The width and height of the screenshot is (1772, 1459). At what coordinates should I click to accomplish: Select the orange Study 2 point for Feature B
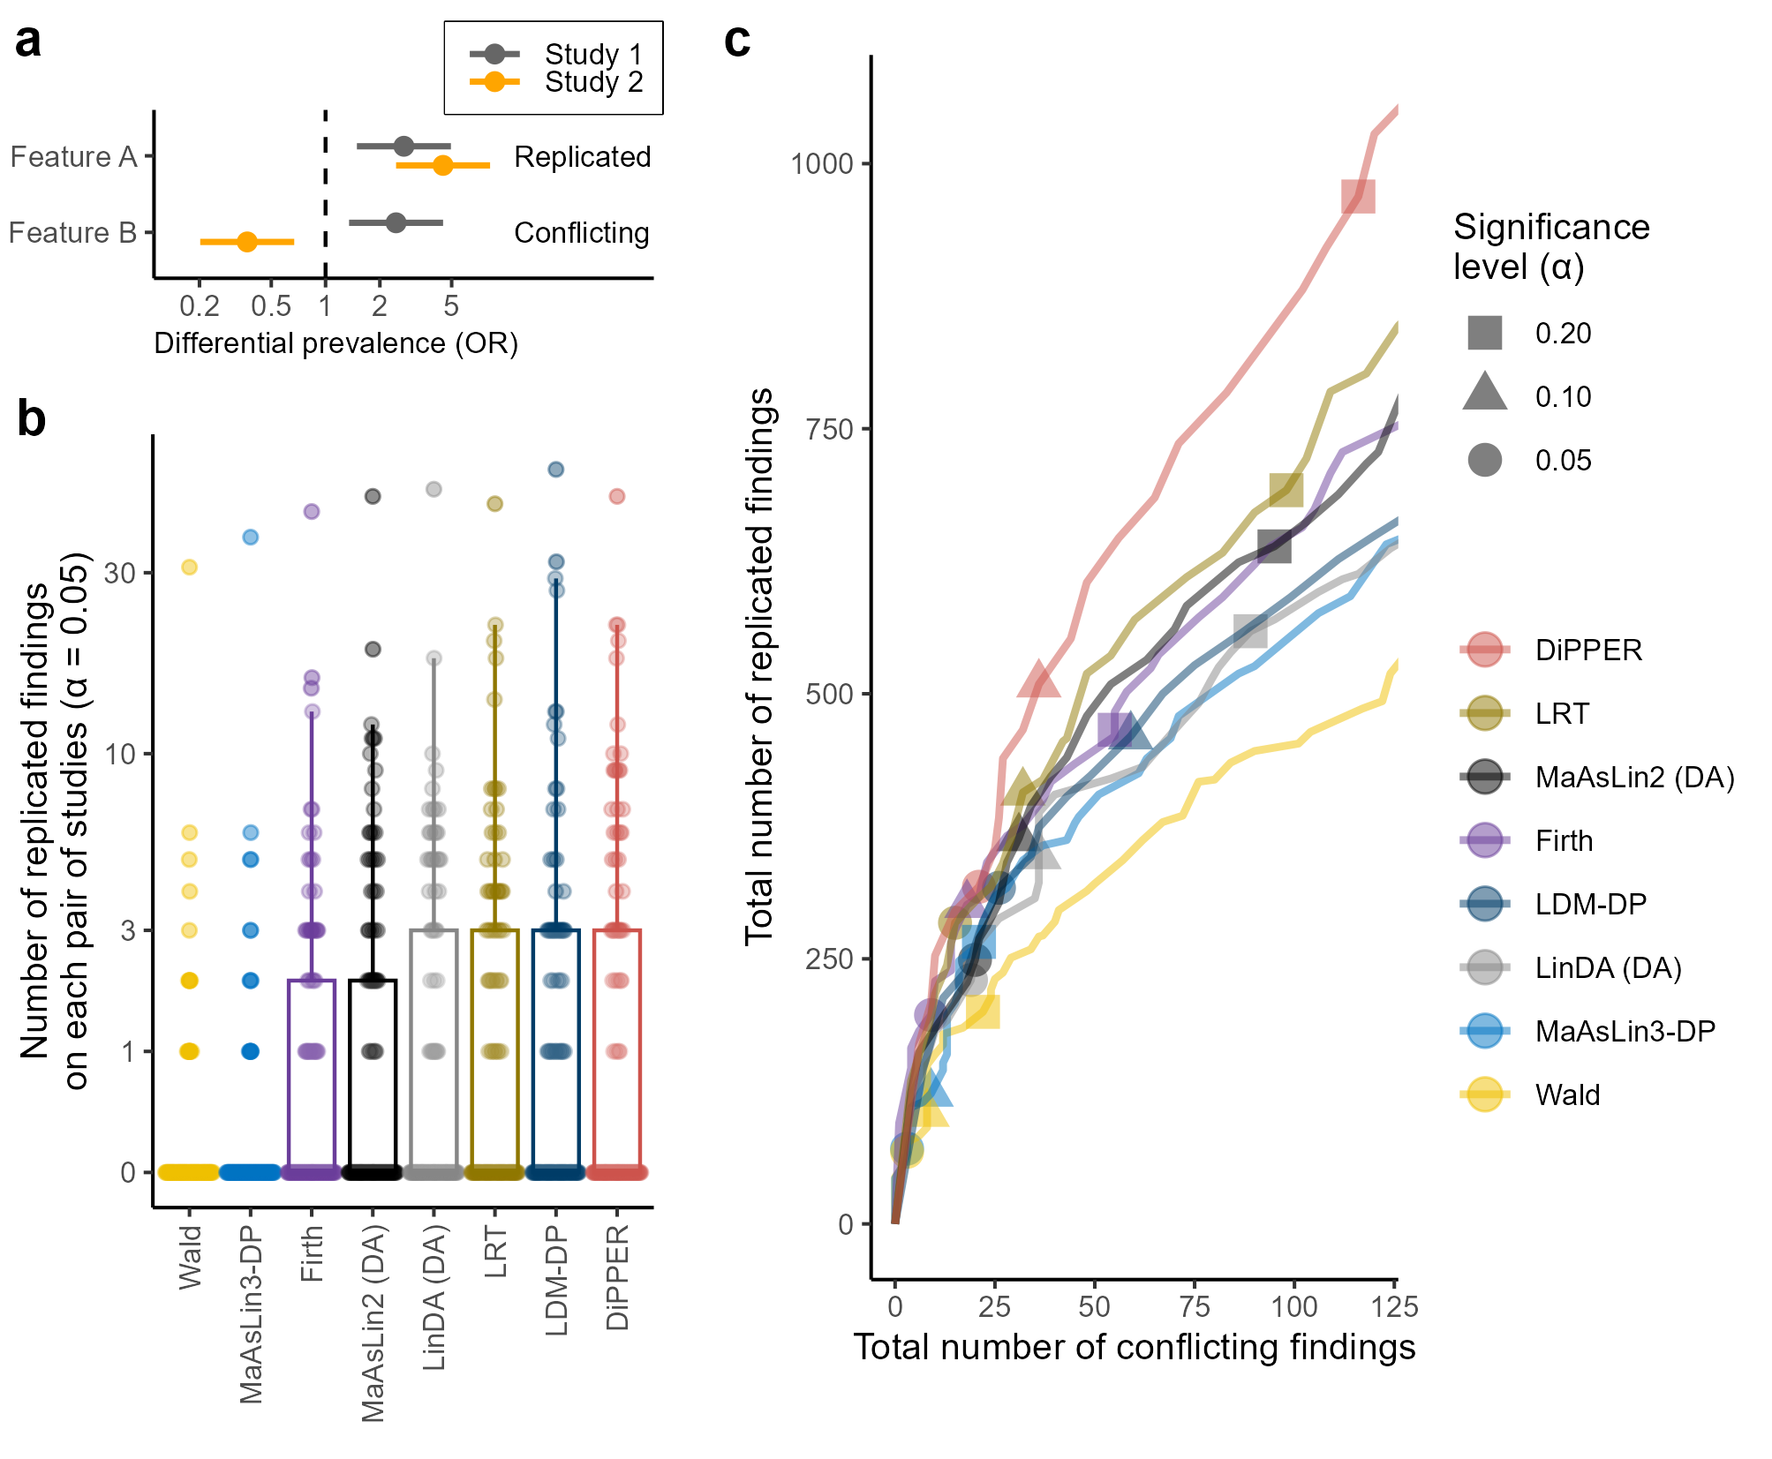tap(247, 241)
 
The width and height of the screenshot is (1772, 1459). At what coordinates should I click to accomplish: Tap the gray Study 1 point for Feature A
tap(403, 146)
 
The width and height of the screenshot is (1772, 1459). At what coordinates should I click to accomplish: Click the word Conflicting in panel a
tap(581, 233)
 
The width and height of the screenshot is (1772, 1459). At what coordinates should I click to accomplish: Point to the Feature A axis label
tap(73, 157)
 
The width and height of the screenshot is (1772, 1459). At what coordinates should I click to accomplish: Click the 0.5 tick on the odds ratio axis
tap(271, 306)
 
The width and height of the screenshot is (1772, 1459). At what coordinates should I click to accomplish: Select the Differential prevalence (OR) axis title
tap(336, 343)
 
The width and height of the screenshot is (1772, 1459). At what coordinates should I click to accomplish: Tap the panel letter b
tap(32, 419)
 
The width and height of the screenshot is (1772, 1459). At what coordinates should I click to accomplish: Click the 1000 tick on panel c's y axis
tap(822, 164)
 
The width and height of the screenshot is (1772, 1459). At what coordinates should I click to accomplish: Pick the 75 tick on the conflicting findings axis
tap(1195, 1306)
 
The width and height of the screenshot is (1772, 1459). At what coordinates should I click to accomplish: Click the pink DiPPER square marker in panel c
tap(1358, 196)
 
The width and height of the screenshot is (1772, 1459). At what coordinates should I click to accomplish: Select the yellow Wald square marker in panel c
tap(983, 1012)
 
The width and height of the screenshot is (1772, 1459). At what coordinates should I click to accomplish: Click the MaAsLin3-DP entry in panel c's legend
tap(1625, 1031)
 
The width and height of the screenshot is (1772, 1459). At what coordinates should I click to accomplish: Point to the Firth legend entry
tap(1564, 840)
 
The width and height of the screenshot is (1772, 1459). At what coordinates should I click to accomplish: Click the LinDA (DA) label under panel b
tap(434, 1297)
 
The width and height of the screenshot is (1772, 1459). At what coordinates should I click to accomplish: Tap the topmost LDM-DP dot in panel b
tap(556, 470)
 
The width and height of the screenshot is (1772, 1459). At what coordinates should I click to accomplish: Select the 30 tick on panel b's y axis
tap(120, 573)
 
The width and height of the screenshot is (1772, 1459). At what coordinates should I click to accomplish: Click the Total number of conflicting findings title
tap(1134, 1348)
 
